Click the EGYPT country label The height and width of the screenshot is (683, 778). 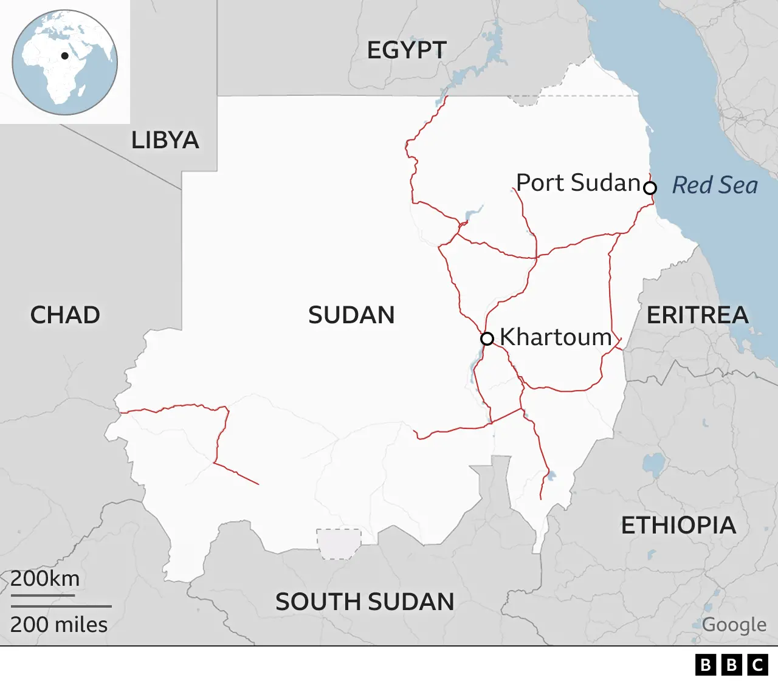tap(407, 50)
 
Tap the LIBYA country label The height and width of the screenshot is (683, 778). tap(165, 140)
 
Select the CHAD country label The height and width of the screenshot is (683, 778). tap(65, 315)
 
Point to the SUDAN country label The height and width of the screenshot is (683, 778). tap(351, 315)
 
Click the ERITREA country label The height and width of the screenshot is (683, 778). tap(697, 315)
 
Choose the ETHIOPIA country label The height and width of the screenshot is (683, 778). tap(678, 525)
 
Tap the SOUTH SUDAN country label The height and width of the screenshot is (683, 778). tap(365, 602)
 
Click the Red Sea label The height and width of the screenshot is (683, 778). tap(715, 185)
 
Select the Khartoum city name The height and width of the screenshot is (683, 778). tap(556, 337)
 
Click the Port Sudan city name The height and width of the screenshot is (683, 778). tap(578, 182)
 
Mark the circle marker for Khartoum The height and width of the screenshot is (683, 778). tap(487, 338)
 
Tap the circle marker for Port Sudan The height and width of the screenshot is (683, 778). tap(650, 188)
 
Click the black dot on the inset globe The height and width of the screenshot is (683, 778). tap(64, 56)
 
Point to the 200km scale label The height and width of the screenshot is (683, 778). tap(45, 578)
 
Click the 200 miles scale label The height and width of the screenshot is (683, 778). tap(59, 625)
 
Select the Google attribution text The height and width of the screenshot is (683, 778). tap(734, 624)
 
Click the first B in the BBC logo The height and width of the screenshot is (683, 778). tap(705, 665)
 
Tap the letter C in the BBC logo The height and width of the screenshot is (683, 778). tap(757, 665)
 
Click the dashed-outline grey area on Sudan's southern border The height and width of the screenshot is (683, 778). tap(339, 543)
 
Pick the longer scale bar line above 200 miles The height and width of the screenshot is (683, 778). tap(61, 606)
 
